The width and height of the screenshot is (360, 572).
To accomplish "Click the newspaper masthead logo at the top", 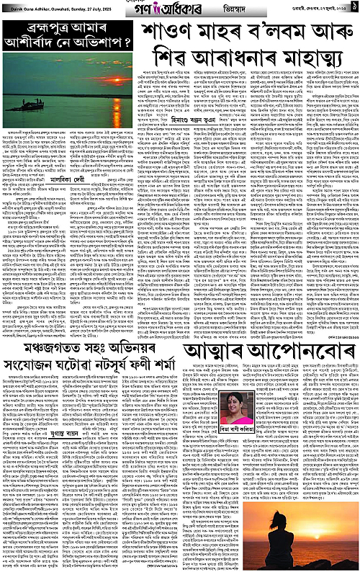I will pos(179,9).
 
